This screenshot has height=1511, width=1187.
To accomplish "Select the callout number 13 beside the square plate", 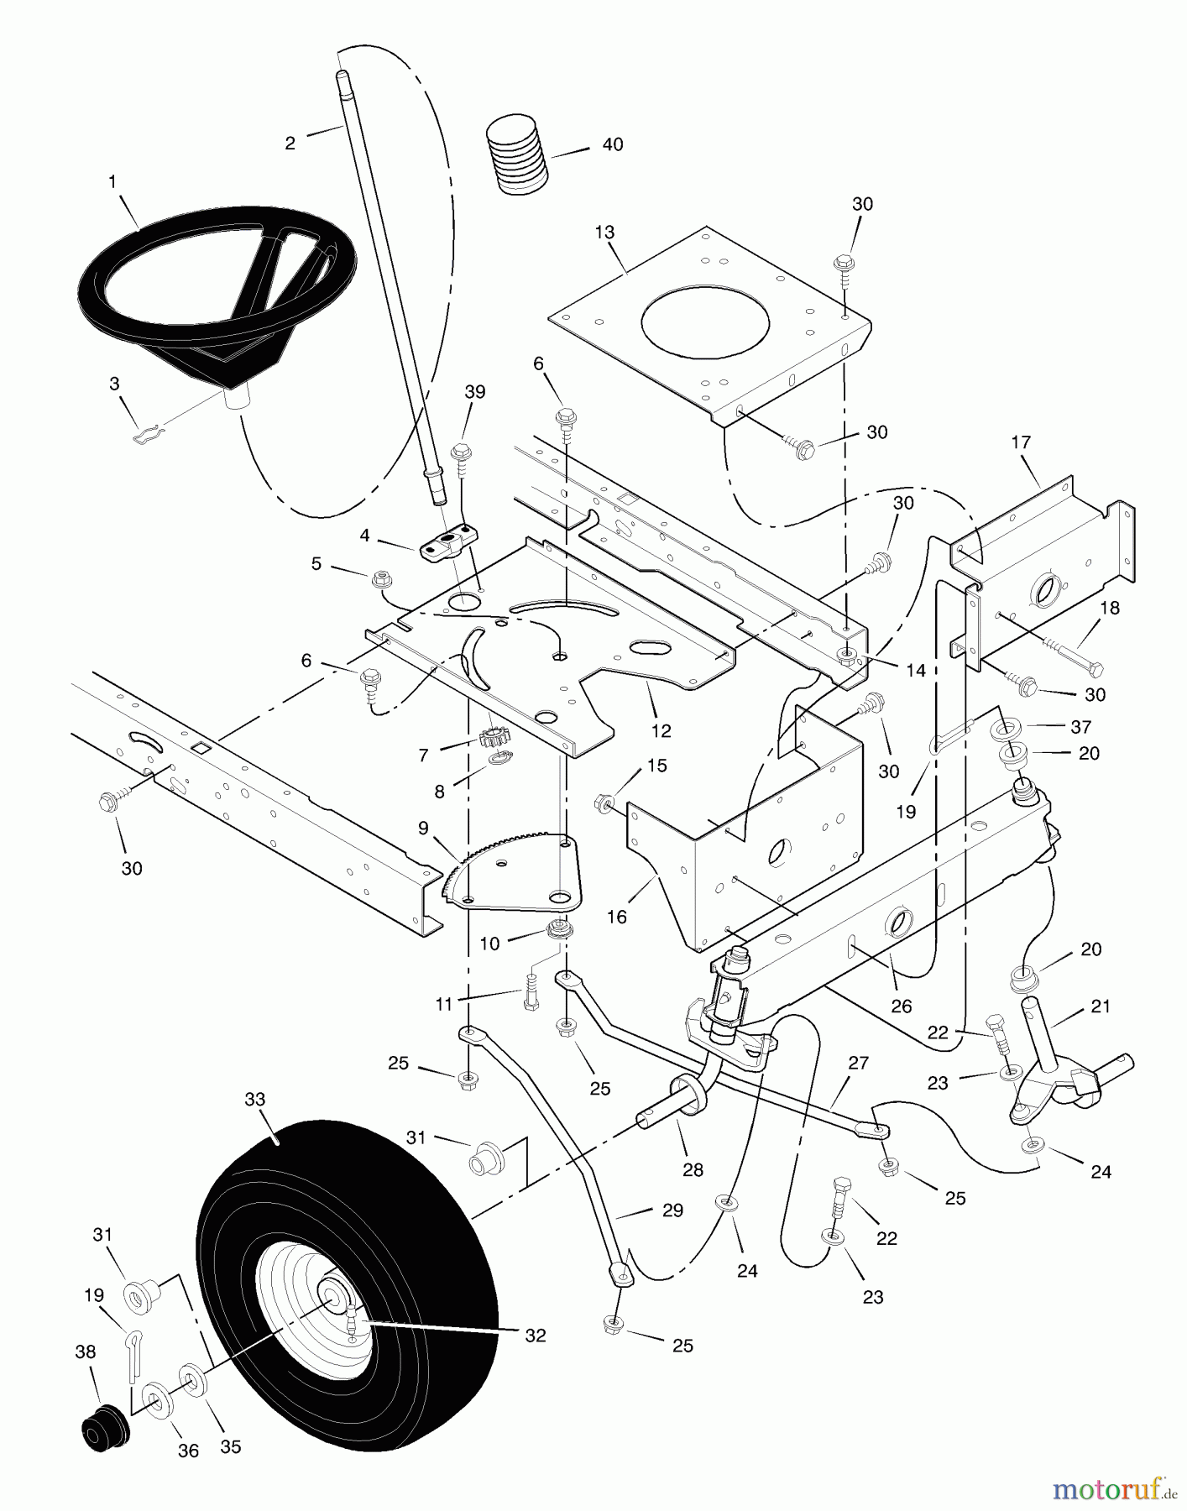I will [605, 233].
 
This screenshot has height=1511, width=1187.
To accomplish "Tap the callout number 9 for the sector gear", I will [422, 828].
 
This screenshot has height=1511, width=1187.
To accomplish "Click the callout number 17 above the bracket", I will [1021, 442].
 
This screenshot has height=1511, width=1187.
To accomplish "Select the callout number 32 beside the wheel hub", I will [535, 1335].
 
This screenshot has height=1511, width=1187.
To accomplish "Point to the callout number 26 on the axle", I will [901, 1006].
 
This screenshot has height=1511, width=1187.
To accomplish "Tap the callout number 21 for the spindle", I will [1101, 1006].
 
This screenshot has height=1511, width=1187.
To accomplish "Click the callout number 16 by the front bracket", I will [617, 917].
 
